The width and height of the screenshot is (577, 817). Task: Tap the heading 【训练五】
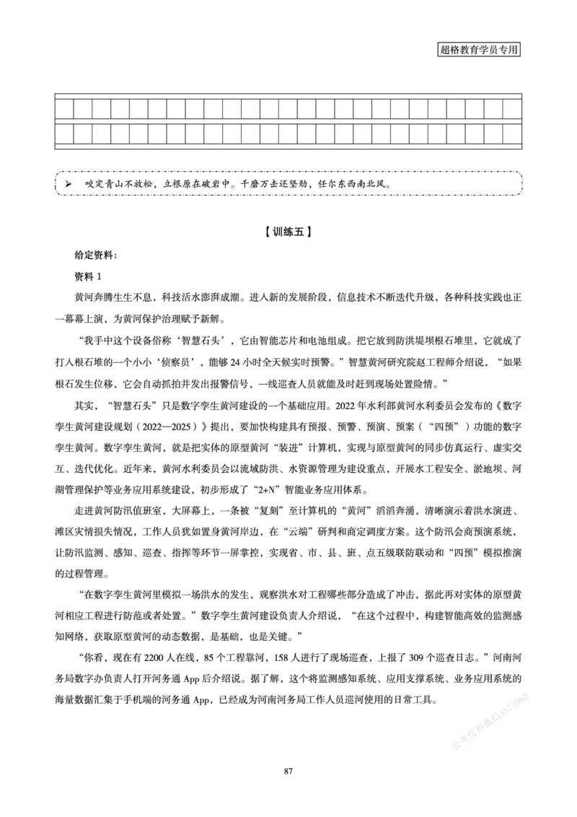pos(288,232)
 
